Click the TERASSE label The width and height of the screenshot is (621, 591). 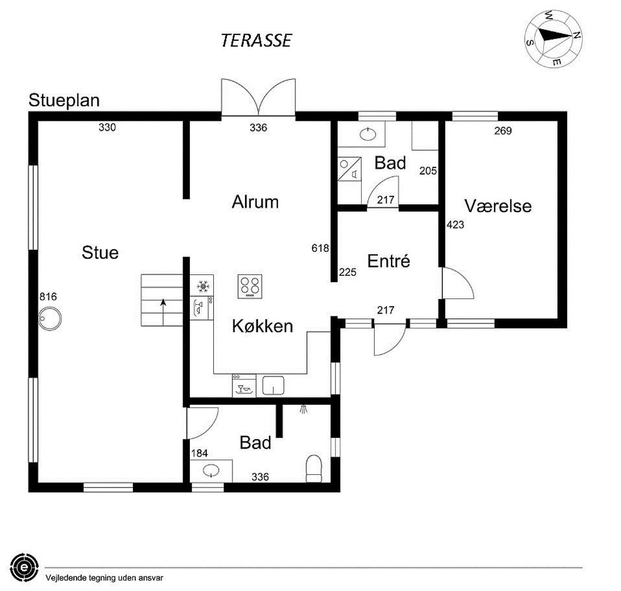tap(256, 40)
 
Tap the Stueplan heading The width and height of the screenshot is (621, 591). tap(64, 101)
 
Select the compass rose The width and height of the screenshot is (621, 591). tap(554, 38)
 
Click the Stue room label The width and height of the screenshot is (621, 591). tap(100, 252)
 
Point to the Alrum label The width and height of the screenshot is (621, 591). tap(255, 202)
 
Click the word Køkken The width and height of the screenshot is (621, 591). tap(263, 326)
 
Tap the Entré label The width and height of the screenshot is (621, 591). tap(388, 261)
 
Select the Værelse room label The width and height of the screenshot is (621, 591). tap(498, 206)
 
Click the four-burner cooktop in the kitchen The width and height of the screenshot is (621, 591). tap(250, 287)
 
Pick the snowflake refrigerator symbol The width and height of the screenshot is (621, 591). tap(203, 285)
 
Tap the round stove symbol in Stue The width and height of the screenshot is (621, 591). tap(50, 319)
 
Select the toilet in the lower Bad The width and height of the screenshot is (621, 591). tap(314, 468)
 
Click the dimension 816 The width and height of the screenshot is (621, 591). tap(49, 296)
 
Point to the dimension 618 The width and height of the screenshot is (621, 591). tap(320, 248)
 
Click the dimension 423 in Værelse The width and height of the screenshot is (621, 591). tap(456, 224)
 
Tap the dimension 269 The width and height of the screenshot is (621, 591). tap(503, 130)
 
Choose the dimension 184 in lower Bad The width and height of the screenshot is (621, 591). tap(199, 453)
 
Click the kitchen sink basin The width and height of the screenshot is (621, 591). tap(274, 386)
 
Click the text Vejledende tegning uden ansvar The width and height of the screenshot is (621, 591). tap(104, 578)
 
